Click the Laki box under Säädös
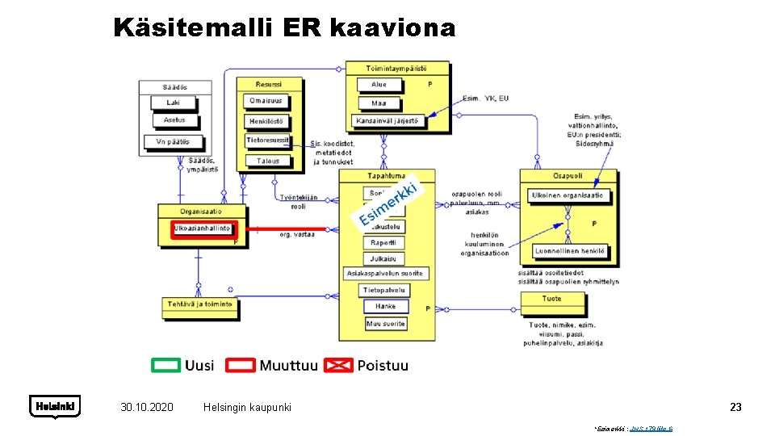pos(174,103)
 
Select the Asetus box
pos(174,120)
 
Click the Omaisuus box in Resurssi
pos(266,101)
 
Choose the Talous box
pos(268,161)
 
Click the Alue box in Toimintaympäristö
pos(379,85)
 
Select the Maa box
pos(379,103)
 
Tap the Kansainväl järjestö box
pos(388,121)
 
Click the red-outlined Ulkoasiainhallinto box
pos(202,228)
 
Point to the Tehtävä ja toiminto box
pos(200,304)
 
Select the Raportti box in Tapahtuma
pos(383,243)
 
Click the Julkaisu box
pos(383,259)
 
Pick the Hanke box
pos(385,307)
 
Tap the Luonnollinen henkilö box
pos(569,251)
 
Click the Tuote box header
pos(551,299)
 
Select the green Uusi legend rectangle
pos(166,365)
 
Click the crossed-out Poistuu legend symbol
pos(338,365)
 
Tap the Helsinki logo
pos(55,406)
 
